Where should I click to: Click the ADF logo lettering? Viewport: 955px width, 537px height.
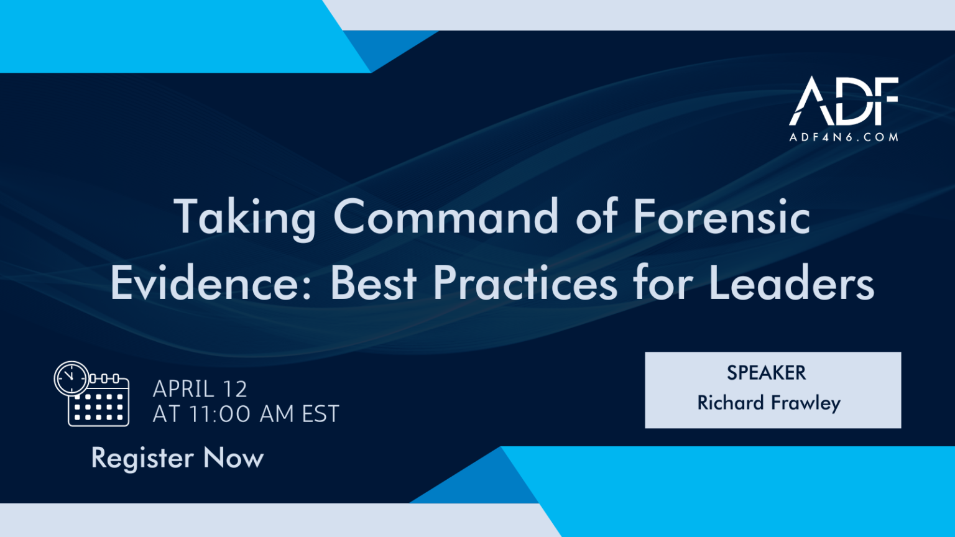[x=844, y=101]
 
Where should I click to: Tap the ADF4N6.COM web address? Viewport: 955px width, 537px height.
[x=844, y=137]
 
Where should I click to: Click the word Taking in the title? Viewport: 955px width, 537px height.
[x=245, y=218]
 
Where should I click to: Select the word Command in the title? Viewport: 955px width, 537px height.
[x=446, y=218]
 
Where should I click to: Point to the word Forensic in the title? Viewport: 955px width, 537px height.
[x=722, y=218]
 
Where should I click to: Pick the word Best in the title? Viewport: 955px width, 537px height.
[x=374, y=283]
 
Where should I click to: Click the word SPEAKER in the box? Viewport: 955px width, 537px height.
[x=766, y=373]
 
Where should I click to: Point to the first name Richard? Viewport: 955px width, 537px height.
[x=731, y=403]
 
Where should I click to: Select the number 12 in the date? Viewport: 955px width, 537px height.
[x=234, y=389]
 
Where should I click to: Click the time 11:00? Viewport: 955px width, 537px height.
[x=221, y=414]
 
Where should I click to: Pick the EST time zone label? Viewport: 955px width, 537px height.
[x=320, y=414]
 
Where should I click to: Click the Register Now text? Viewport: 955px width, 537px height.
[x=178, y=459]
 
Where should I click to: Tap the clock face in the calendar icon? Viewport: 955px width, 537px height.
[x=72, y=378]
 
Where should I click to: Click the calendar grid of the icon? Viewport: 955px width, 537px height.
[x=99, y=407]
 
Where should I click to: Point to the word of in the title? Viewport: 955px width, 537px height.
[x=596, y=218]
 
